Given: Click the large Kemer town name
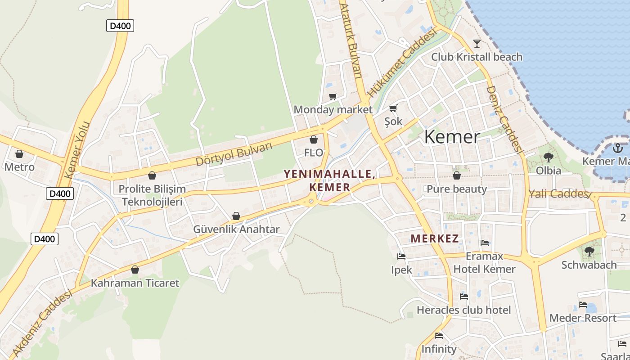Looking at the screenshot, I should point(452,137).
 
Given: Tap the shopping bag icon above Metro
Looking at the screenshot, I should point(19,154).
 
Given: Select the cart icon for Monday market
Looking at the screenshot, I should point(333,96).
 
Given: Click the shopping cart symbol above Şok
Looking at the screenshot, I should point(393,108).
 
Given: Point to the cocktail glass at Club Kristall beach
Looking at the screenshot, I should point(477,43).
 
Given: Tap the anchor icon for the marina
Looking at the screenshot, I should point(618,148).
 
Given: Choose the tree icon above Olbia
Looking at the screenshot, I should point(548,157).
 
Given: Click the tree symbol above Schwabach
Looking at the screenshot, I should point(589,251).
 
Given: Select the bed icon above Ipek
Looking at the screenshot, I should point(401,256).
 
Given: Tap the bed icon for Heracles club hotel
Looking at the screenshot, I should point(463,296).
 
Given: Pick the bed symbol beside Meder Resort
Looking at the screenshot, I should point(583,304).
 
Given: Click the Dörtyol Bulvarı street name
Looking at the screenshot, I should point(234,154).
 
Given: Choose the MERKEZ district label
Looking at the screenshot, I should point(434,238).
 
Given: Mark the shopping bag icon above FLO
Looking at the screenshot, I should point(314,139).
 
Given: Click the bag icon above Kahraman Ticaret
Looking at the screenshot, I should point(135,270).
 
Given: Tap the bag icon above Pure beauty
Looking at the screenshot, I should point(456,175).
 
